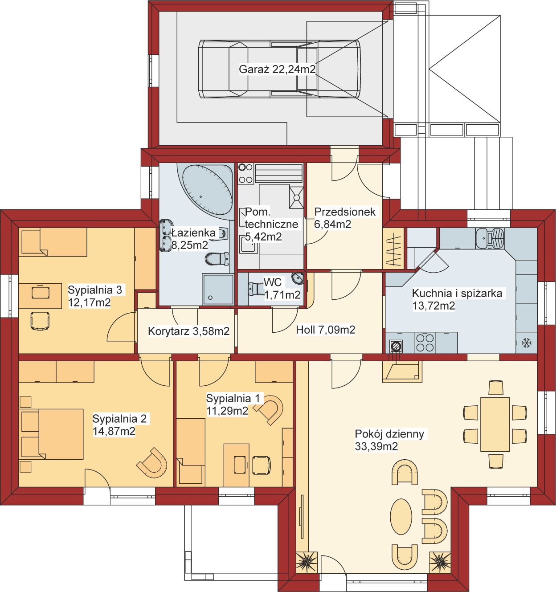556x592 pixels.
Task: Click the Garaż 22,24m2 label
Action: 277,69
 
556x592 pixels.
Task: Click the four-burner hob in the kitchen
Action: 425,343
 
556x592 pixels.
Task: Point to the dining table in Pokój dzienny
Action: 495,424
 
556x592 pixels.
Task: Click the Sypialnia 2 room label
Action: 119,419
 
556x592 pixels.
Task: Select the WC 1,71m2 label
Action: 282,288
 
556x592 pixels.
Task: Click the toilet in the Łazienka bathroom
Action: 217,259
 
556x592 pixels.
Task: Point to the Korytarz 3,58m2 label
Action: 188,331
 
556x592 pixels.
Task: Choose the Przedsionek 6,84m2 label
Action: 345,218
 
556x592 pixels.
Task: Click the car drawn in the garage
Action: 279,69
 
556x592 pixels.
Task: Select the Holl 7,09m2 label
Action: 325,330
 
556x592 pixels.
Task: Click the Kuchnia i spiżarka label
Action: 457,293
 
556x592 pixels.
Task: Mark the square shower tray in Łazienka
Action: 218,290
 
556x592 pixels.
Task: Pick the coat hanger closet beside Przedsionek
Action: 393,249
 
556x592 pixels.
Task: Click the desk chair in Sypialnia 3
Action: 40,321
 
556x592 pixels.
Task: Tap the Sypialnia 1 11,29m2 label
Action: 233,404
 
